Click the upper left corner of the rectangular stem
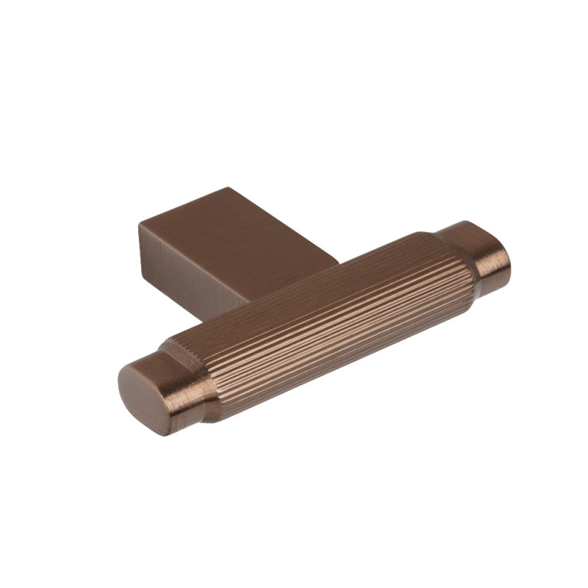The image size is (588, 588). (x=139, y=223)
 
